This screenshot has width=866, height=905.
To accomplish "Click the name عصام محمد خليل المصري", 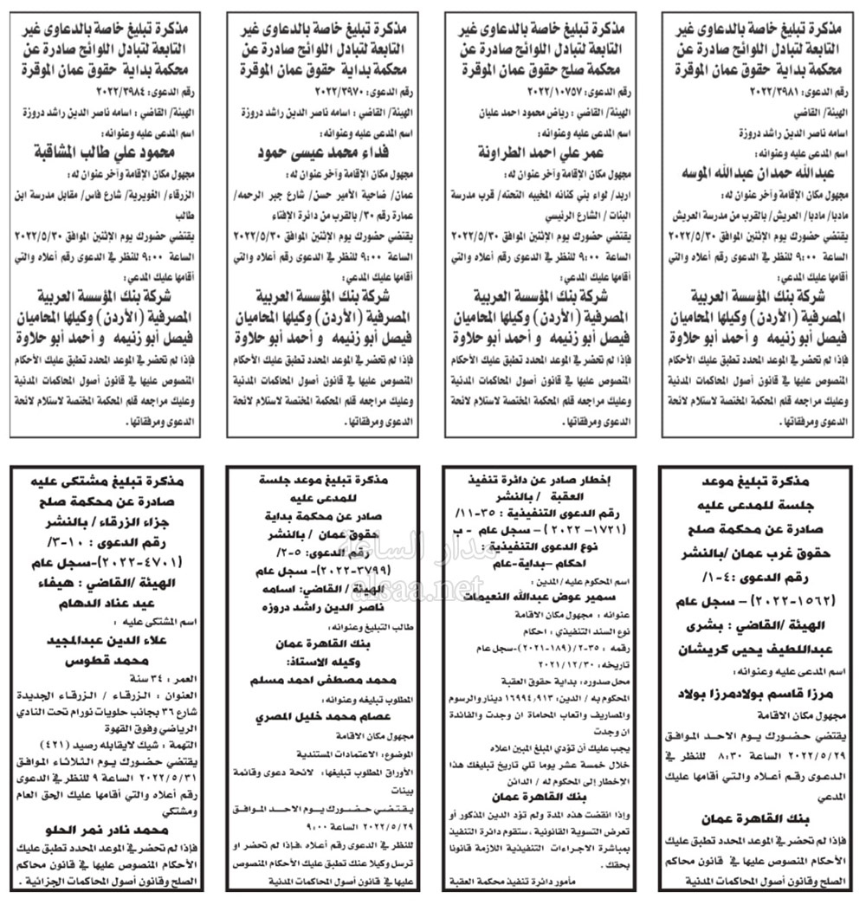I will [x=321, y=718].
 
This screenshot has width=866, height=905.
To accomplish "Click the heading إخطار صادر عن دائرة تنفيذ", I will [x=545, y=478].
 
